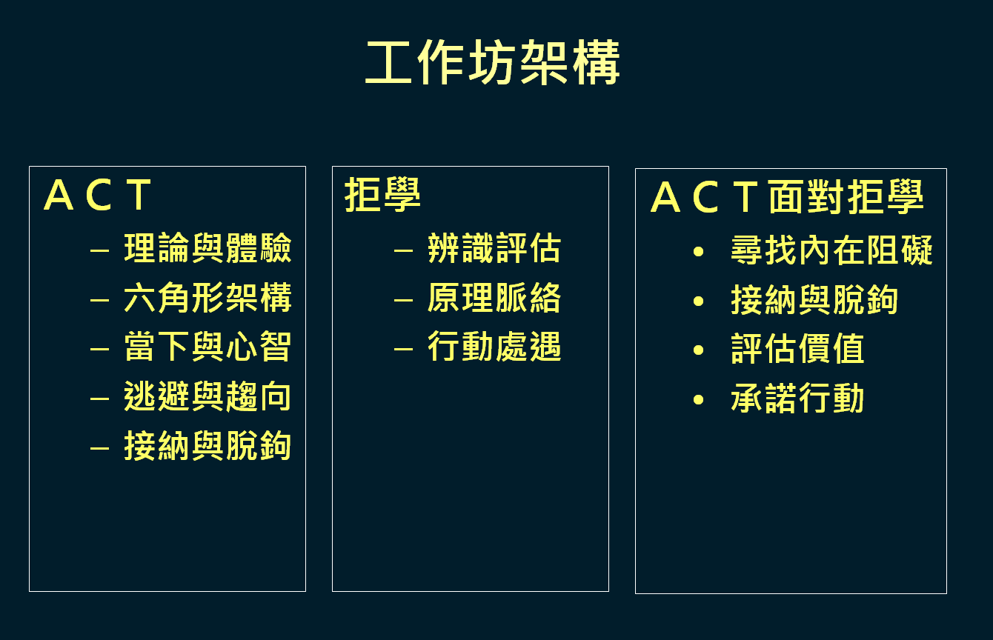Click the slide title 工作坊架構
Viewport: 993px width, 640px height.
coord(493,62)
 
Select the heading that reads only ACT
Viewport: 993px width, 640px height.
coord(98,195)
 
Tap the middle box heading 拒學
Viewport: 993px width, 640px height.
coord(382,195)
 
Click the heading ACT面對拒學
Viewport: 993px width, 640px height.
coord(787,197)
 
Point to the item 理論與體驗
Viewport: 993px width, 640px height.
coord(207,248)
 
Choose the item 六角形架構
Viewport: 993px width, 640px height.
coord(207,298)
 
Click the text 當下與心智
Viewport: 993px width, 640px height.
coord(207,347)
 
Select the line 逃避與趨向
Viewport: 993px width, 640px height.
coord(207,396)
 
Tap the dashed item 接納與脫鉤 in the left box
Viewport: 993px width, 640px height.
coord(207,446)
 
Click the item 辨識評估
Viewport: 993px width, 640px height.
coord(494,248)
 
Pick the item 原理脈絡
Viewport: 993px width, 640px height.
coord(494,298)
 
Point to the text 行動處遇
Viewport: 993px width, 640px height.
coord(494,347)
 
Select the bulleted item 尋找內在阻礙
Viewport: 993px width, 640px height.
coord(832,250)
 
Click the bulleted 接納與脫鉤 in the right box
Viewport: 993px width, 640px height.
coord(815,300)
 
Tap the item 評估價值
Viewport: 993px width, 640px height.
coord(798,349)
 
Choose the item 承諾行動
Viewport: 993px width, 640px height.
coord(798,399)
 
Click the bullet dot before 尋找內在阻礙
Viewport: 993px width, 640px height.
coord(698,252)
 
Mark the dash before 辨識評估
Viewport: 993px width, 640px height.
coord(403,251)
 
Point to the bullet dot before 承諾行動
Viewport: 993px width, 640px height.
coord(698,400)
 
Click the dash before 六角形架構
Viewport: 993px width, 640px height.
coord(100,301)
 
